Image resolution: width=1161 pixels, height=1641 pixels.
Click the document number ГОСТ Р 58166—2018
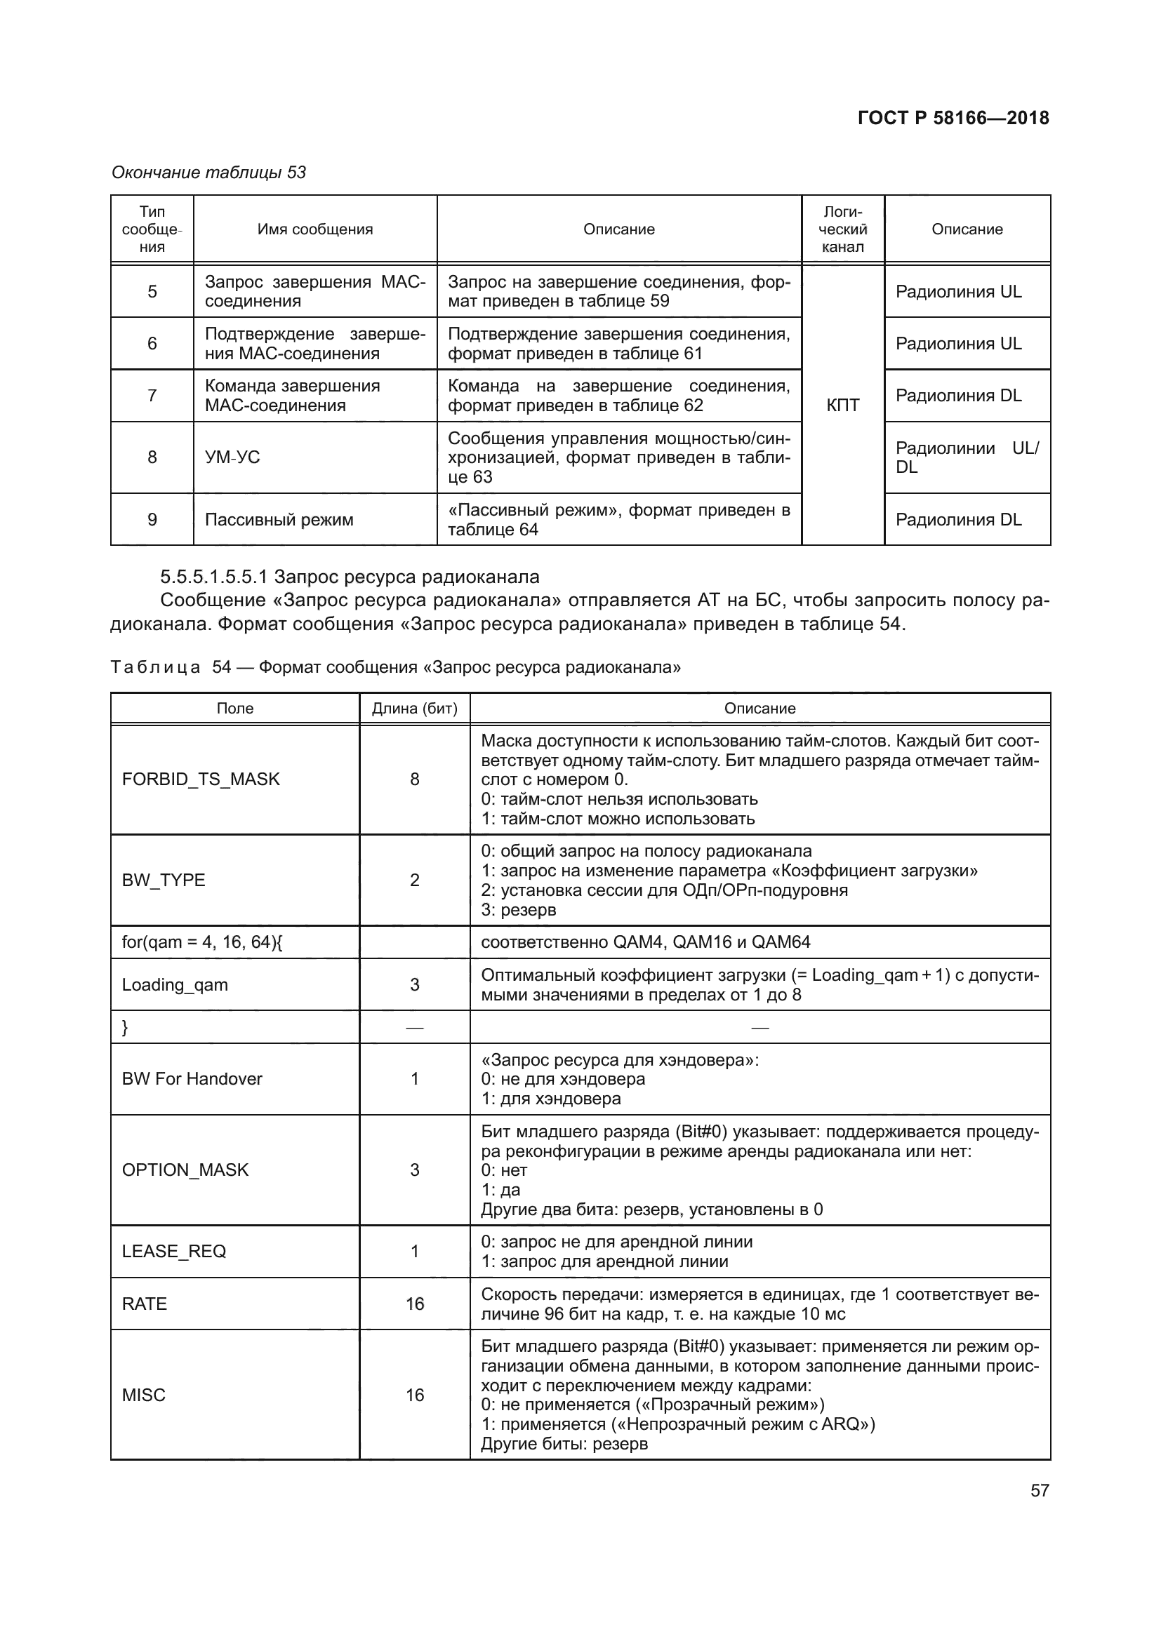tap(953, 118)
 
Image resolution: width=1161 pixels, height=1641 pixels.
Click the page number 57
tap(1040, 1490)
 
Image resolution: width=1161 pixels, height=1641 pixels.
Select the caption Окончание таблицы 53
tap(208, 173)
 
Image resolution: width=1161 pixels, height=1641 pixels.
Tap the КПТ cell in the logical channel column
tap(843, 406)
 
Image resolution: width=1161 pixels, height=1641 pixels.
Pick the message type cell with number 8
tap(152, 457)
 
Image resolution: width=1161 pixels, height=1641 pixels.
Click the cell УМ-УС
tap(232, 457)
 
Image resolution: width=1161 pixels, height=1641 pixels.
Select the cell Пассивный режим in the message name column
tap(279, 520)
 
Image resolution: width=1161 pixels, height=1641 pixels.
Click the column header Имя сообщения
tap(315, 229)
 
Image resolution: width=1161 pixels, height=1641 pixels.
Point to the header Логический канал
tap(843, 229)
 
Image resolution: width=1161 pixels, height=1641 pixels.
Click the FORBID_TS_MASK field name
tap(201, 779)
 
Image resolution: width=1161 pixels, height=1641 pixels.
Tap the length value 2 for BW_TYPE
tap(415, 880)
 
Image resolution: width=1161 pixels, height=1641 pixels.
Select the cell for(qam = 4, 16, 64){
tap(202, 942)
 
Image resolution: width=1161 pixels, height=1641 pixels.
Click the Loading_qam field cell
tap(175, 985)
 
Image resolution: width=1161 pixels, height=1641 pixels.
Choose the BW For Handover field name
tap(192, 1078)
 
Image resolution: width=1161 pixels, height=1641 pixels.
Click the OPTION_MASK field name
tap(185, 1170)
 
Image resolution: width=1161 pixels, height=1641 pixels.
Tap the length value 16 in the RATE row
tap(415, 1304)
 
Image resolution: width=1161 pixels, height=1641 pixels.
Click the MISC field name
tap(144, 1395)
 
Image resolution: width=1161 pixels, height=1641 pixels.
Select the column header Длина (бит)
tap(415, 709)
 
